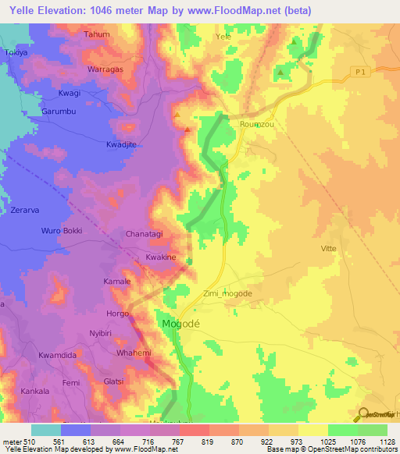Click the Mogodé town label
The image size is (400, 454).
click(181, 323)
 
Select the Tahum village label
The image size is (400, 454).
click(97, 34)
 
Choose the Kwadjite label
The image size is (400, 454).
click(121, 145)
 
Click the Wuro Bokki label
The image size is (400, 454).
click(62, 231)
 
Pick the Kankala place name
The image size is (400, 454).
click(36, 390)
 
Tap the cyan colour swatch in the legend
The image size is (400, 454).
click(45, 430)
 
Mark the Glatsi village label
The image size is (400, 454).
click(115, 381)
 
